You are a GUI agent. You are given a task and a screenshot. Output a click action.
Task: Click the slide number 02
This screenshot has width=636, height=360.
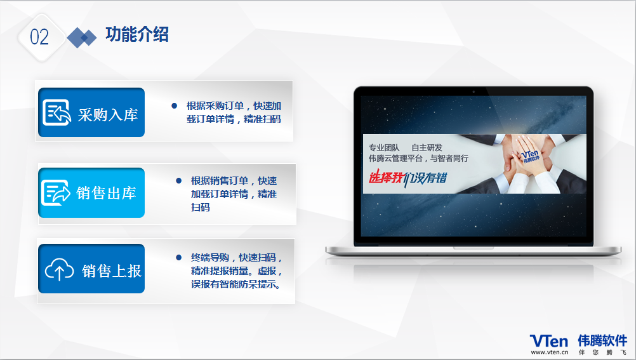pyautogui.click(x=39, y=37)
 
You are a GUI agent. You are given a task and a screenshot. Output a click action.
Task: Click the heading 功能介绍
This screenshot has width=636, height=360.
pyautogui.click(x=137, y=34)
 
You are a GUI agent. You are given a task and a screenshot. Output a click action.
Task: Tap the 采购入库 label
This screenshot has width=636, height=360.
pyautogui.click(x=108, y=115)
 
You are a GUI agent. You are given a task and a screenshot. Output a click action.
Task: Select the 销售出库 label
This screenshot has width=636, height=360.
pyautogui.click(x=106, y=193)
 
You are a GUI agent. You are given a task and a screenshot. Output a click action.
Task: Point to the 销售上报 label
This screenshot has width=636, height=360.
pyautogui.click(x=112, y=270)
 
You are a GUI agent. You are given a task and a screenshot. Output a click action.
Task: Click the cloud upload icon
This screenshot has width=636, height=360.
pyautogui.click(x=59, y=269)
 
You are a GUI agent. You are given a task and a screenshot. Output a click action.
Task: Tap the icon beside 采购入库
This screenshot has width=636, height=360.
pyautogui.click(x=56, y=112)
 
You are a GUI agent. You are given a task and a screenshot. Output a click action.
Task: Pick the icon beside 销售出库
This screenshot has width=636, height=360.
pyautogui.click(x=56, y=192)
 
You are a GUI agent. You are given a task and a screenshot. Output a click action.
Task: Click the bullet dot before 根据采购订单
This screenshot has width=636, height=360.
pyautogui.click(x=175, y=106)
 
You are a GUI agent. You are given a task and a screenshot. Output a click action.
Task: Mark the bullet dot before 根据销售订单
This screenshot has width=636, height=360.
pyautogui.click(x=179, y=180)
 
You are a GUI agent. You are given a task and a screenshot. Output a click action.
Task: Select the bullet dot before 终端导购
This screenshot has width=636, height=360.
pyautogui.click(x=179, y=257)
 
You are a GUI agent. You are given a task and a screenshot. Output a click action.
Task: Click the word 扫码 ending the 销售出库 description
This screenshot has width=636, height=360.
pyautogui.click(x=201, y=208)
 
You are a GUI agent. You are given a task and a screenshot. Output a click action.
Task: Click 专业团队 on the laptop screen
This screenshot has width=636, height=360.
pyautogui.click(x=384, y=148)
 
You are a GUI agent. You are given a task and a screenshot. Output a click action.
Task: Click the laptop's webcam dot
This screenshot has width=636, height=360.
pyautogui.click(x=474, y=91)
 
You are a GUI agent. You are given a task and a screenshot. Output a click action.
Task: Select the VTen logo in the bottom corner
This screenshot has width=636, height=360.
pyautogui.click(x=549, y=340)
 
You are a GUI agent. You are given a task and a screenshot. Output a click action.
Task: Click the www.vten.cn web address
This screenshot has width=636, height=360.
pyautogui.click(x=550, y=352)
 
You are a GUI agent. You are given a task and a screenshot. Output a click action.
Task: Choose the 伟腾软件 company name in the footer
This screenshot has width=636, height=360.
pyautogui.click(x=602, y=340)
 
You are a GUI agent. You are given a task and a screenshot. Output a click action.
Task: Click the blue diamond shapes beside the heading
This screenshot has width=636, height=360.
pyautogui.click(x=81, y=37)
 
